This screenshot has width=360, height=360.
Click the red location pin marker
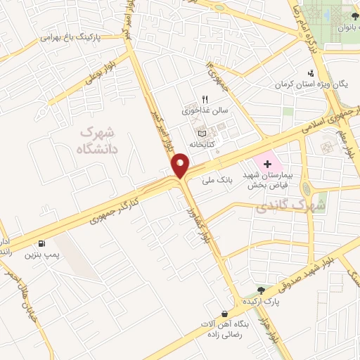coord(181,165)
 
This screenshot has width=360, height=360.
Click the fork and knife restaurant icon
coord(205,99)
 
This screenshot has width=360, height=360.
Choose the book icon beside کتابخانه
coord(202,133)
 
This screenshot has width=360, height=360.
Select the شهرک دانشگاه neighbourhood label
coord(97,139)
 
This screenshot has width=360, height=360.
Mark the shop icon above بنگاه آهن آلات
coord(224,314)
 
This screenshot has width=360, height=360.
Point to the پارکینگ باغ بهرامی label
coord(71,36)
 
